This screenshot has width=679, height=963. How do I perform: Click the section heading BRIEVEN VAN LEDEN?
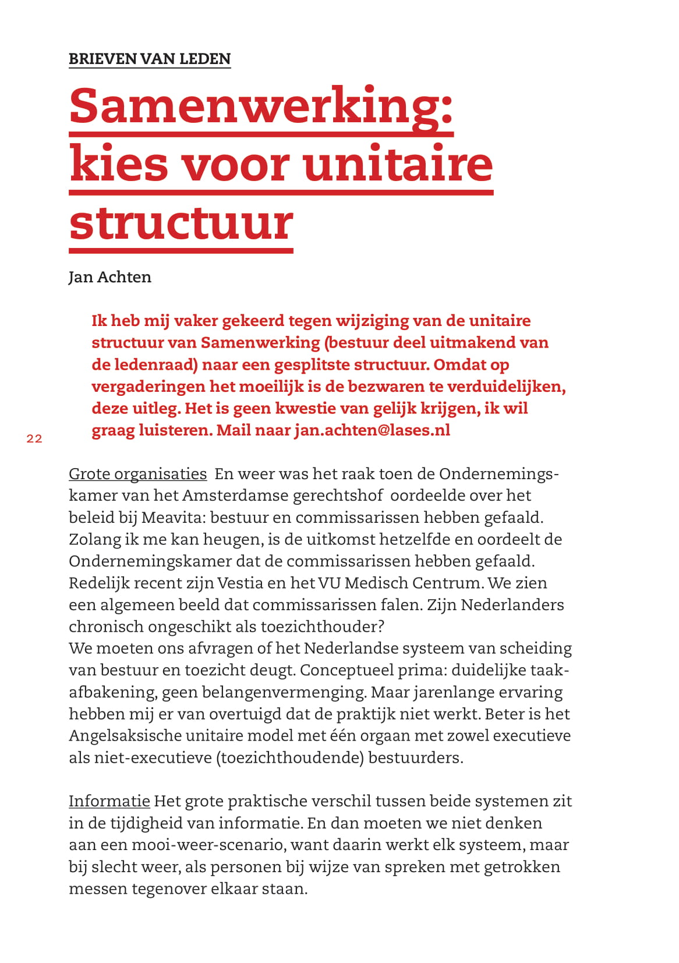click(x=150, y=59)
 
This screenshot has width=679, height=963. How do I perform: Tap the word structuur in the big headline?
click(x=181, y=222)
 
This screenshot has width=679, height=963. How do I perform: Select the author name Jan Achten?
click(x=109, y=277)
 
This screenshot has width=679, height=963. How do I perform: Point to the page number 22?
click(x=34, y=439)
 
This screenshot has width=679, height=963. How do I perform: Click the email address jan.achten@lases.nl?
click(x=372, y=430)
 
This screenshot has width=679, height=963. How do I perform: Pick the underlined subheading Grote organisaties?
click(x=137, y=474)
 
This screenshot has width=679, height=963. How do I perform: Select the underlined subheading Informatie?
click(x=109, y=801)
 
